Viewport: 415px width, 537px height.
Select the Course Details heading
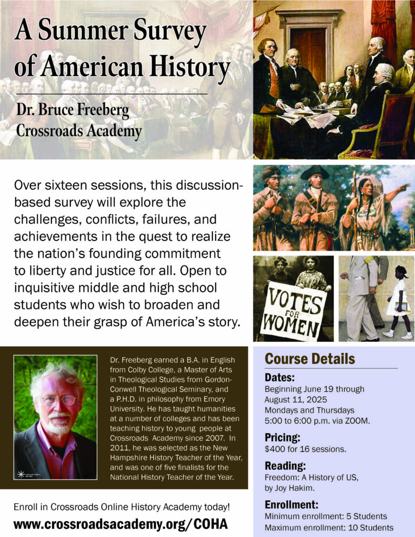(310, 359)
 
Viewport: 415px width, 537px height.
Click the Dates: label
(280, 378)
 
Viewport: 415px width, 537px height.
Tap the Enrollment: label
(292, 505)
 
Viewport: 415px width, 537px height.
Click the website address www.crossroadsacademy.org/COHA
(120, 523)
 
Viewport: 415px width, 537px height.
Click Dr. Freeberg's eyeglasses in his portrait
(58, 400)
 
